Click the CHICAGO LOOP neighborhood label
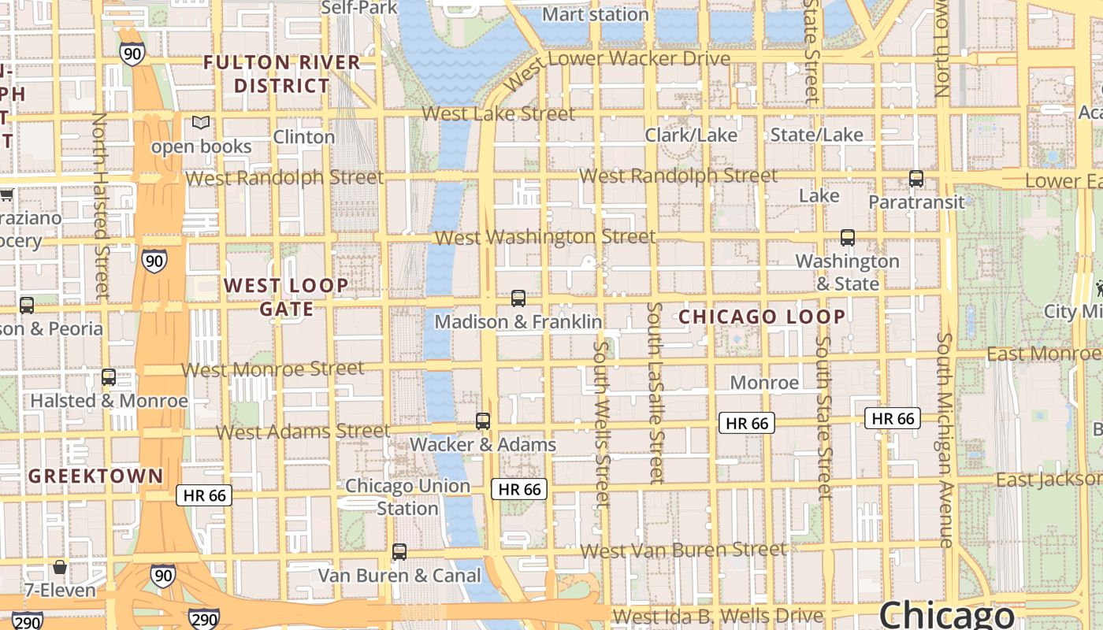(x=762, y=317)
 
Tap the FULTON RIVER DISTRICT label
(x=281, y=74)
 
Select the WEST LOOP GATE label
(x=286, y=297)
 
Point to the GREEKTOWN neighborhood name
(x=95, y=476)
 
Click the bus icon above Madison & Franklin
(x=518, y=298)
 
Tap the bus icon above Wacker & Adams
(x=483, y=421)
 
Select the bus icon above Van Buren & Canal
(x=399, y=552)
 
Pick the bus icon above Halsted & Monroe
(x=109, y=377)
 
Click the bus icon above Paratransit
(x=915, y=179)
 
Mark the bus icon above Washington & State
(x=847, y=238)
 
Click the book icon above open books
(x=202, y=123)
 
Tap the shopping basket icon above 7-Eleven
(x=60, y=567)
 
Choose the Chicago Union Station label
(x=407, y=497)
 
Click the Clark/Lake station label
(x=691, y=135)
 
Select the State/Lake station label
(x=816, y=135)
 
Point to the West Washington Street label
(x=544, y=236)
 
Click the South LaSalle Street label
(x=655, y=391)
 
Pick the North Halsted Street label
(x=101, y=205)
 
